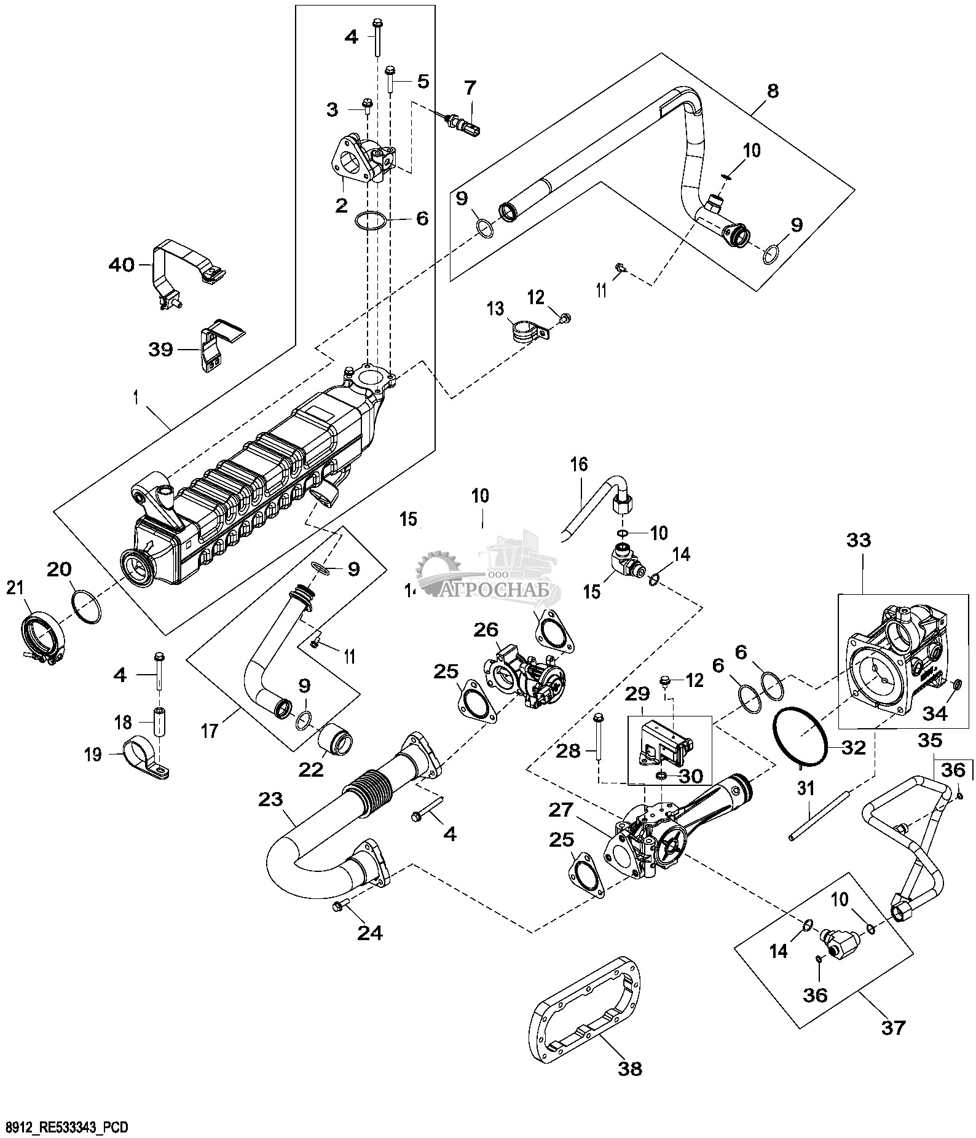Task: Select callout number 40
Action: click(120, 266)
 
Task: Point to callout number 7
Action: click(470, 87)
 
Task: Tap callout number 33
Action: click(859, 541)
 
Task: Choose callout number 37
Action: click(892, 1027)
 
